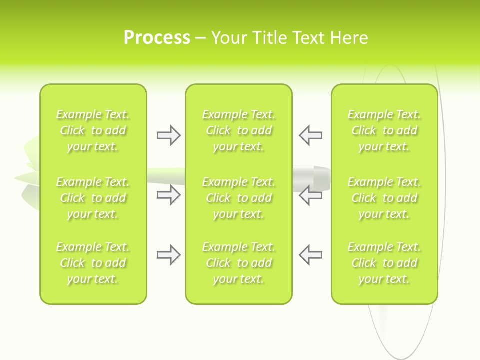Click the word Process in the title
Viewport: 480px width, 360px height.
pyautogui.click(x=157, y=38)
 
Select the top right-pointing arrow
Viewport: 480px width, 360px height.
pyautogui.click(x=168, y=135)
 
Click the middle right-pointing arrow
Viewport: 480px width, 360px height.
pyautogui.click(x=168, y=195)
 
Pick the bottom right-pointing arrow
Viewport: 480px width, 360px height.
pyautogui.click(x=168, y=255)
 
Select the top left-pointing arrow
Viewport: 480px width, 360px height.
pyautogui.click(x=311, y=135)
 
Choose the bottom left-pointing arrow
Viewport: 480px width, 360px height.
pyautogui.click(x=311, y=255)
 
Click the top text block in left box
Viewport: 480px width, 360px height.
pyautogui.click(x=93, y=130)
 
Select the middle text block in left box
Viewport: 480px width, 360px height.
pyautogui.click(x=93, y=198)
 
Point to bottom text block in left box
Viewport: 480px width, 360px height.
pyautogui.click(x=93, y=263)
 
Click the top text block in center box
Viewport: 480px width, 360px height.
pyautogui.click(x=238, y=130)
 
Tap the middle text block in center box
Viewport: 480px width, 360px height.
pyautogui.click(x=238, y=198)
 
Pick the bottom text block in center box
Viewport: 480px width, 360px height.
pyautogui.click(x=238, y=263)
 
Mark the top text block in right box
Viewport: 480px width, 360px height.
pyautogui.click(x=384, y=130)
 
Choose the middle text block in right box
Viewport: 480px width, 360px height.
pyautogui.click(x=384, y=198)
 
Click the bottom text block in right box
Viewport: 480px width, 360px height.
pyautogui.click(x=384, y=263)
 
